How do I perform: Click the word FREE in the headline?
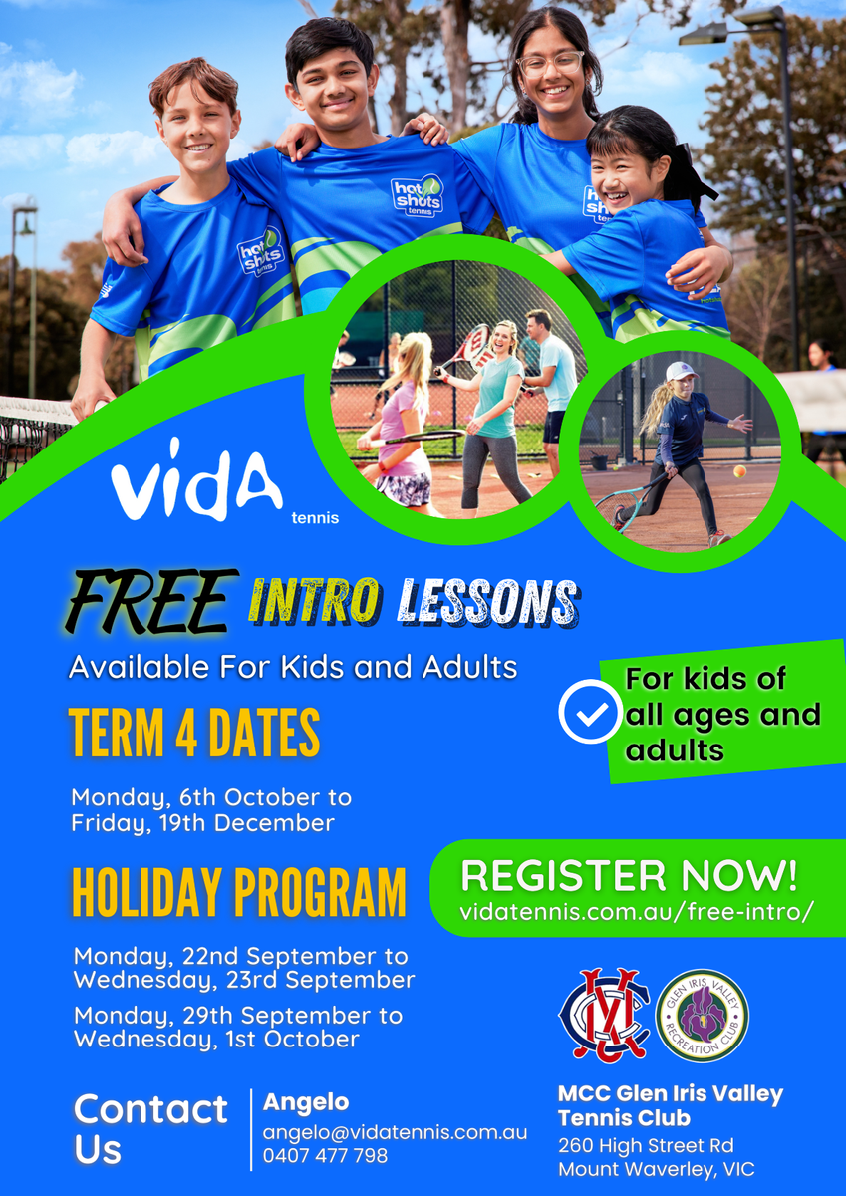tap(151, 601)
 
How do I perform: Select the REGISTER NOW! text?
tap(629, 876)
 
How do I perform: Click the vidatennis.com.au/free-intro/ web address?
tap(637, 911)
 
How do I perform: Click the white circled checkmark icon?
tap(590, 712)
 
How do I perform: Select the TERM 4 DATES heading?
tap(194, 733)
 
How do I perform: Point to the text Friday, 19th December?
tap(203, 824)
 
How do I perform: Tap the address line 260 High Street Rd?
tap(646, 1146)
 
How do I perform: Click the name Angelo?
tap(305, 1102)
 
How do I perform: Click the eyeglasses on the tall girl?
tap(550, 64)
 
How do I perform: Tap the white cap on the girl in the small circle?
tap(682, 370)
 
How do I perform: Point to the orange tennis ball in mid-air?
tap(739, 471)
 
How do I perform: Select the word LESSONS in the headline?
tap(488, 602)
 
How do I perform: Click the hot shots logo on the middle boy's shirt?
tap(418, 195)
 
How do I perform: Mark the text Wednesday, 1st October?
tap(216, 1040)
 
